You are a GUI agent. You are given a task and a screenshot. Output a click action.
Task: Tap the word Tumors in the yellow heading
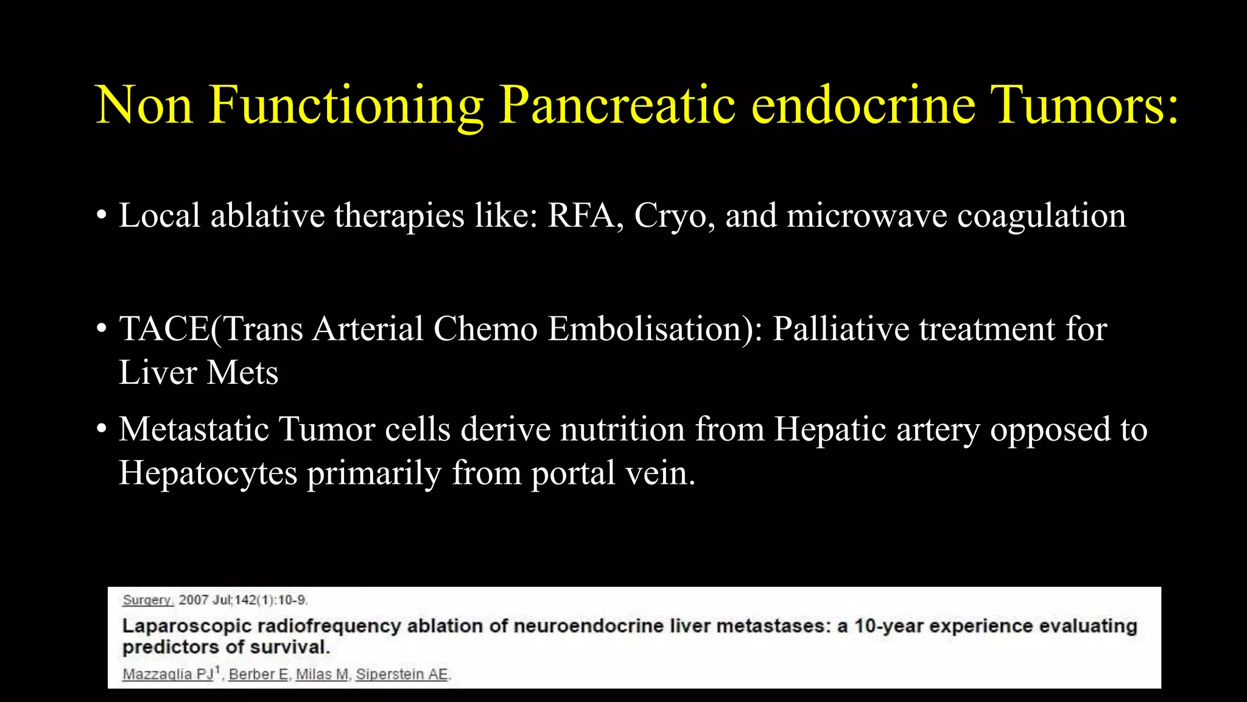click(x=1084, y=105)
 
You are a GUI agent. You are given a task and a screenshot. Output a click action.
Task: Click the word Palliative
click(x=840, y=329)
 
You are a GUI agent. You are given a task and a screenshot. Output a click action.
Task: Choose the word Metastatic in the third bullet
click(x=194, y=429)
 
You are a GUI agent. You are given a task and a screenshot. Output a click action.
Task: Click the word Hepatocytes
click(x=208, y=473)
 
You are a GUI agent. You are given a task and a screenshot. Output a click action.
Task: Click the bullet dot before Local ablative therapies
click(x=102, y=216)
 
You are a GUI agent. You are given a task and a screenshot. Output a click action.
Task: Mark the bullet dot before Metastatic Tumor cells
click(x=102, y=429)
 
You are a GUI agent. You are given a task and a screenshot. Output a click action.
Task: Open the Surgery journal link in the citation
click(x=148, y=600)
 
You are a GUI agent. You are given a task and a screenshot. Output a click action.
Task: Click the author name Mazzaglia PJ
click(x=168, y=675)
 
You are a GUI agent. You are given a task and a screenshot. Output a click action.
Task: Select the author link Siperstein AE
click(x=402, y=675)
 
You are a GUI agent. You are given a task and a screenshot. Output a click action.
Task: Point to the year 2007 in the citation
click(x=194, y=600)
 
